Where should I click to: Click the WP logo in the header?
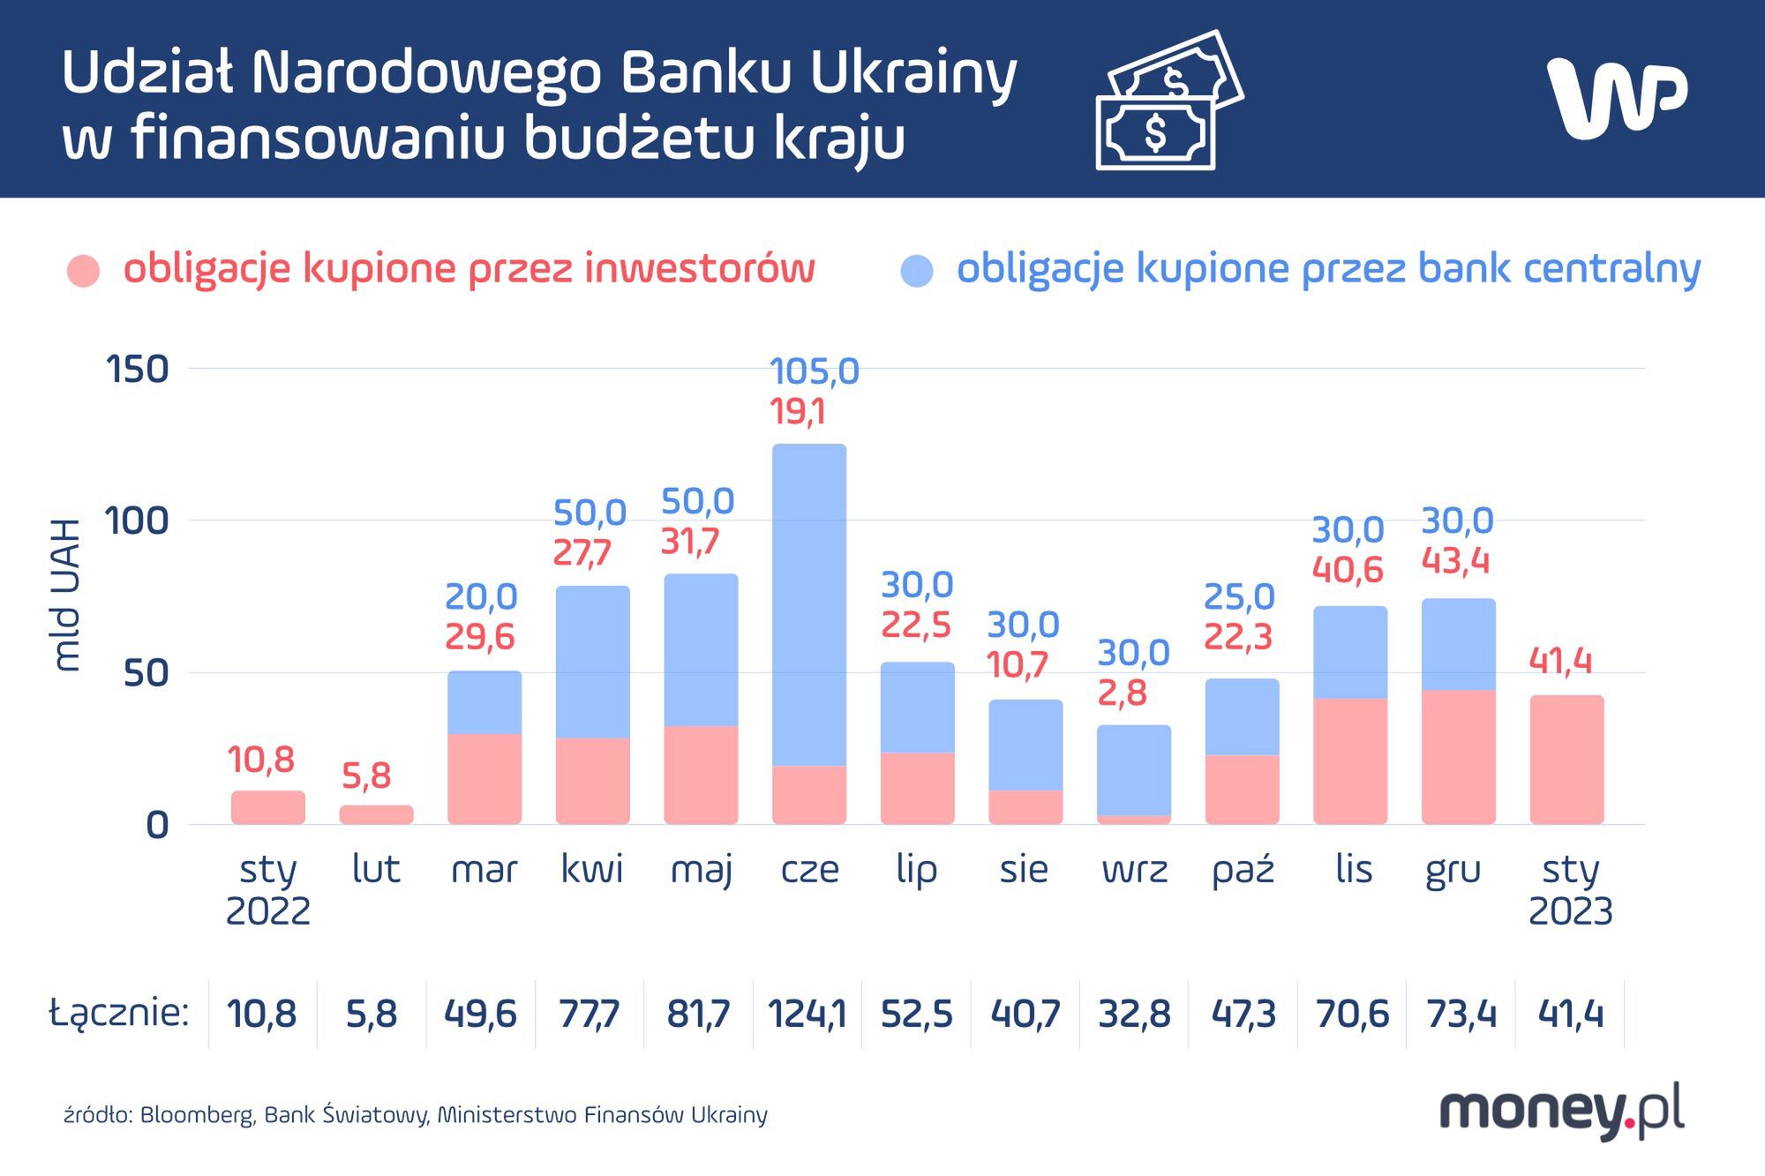[x=1617, y=98]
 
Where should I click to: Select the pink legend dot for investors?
[x=84, y=271]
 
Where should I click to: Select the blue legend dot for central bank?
[x=917, y=271]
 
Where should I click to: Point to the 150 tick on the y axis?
[x=137, y=370]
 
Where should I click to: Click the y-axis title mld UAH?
[x=66, y=595]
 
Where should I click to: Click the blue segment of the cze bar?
[x=809, y=604]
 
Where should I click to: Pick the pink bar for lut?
[x=376, y=814]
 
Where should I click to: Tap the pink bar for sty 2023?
[x=1566, y=760]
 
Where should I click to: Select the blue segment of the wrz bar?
[x=1134, y=770]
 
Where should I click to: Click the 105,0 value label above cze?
[x=814, y=371]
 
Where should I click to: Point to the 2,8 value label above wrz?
[x=1122, y=693]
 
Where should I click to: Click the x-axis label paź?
[x=1243, y=870]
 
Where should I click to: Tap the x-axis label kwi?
[x=592, y=870]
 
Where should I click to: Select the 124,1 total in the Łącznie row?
[x=807, y=1014]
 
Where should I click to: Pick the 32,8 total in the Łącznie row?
[x=1134, y=1014]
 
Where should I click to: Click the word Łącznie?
[x=119, y=1012]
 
